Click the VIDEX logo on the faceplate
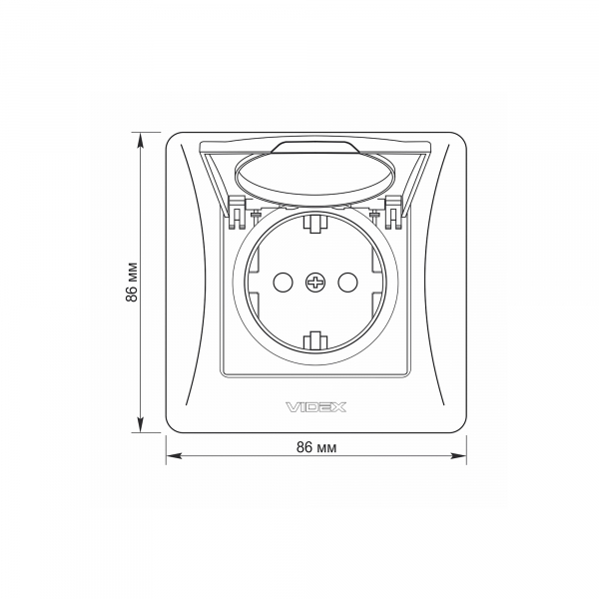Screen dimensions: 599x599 coord(315,407)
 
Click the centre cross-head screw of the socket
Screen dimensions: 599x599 coord(315,283)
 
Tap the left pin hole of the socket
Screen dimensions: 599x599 coord(284,283)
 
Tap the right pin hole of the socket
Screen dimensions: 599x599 coord(347,283)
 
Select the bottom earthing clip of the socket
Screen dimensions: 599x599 coord(315,340)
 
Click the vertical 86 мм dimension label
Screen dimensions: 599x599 coord(132,283)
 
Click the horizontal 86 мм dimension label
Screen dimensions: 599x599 coord(316,447)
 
